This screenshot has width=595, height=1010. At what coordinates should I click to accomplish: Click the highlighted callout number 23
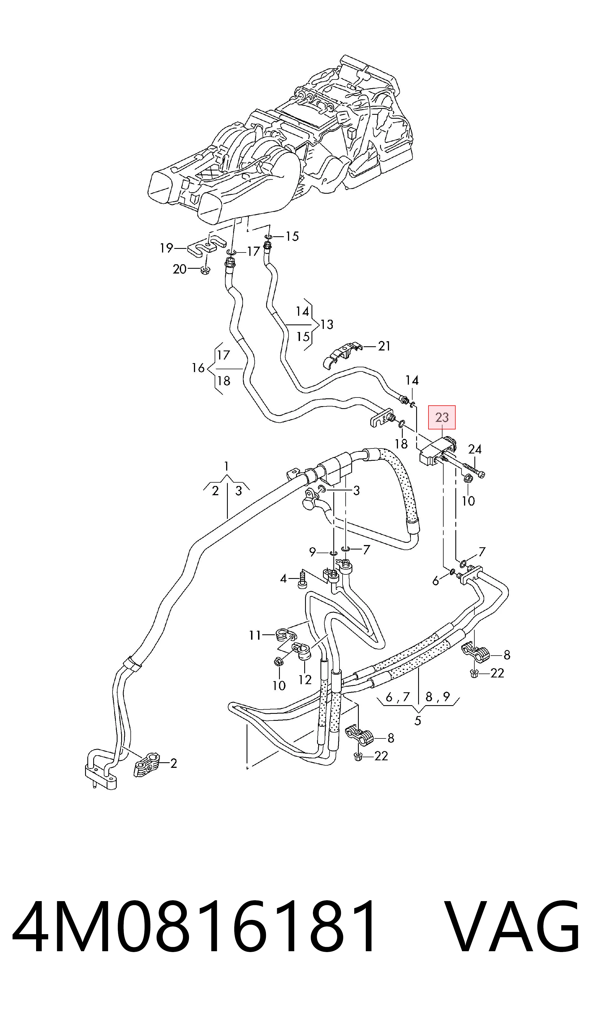pos(442,417)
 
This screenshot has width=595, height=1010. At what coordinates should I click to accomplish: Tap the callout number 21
pos(384,346)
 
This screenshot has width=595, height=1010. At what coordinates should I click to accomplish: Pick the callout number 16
pos(198,368)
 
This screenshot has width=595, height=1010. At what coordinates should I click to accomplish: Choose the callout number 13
pos(327,324)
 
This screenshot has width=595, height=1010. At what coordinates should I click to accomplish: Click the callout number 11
pos(255,635)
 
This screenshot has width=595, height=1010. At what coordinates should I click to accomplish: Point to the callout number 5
pos(418,721)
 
